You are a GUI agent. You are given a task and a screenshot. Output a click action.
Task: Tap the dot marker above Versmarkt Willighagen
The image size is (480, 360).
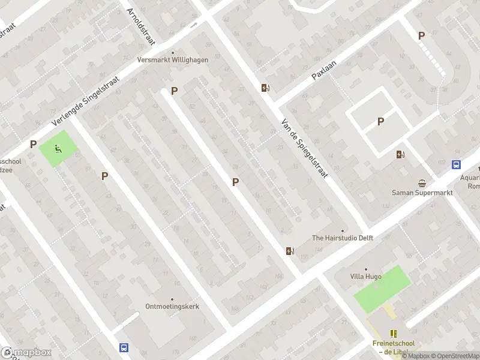click(173, 52)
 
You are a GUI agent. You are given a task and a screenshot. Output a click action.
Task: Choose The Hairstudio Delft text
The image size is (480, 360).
click(343, 238)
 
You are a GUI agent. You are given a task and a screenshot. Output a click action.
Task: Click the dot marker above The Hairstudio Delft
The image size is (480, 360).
click(343, 230)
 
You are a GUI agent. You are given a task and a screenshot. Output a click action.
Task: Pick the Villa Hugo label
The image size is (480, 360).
click(365, 277)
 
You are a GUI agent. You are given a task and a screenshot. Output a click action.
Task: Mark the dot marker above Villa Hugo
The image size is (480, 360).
click(365, 269)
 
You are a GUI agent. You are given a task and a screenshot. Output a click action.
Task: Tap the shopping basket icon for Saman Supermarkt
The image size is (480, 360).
click(422, 183)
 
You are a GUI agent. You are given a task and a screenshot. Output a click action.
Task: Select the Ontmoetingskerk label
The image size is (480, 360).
click(172, 306)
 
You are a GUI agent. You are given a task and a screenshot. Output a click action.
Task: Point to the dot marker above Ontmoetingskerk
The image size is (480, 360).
click(172, 299)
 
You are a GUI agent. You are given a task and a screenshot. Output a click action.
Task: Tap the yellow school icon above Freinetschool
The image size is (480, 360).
click(394, 334)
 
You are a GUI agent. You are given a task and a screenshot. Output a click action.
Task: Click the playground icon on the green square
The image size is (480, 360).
click(58, 149)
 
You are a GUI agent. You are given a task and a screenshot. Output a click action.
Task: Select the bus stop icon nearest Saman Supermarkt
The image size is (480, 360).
click(456, 165)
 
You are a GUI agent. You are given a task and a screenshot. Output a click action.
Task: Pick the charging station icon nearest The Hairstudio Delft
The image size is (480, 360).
click(290, 251)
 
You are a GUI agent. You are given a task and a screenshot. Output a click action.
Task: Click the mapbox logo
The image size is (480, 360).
click(26, 353)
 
